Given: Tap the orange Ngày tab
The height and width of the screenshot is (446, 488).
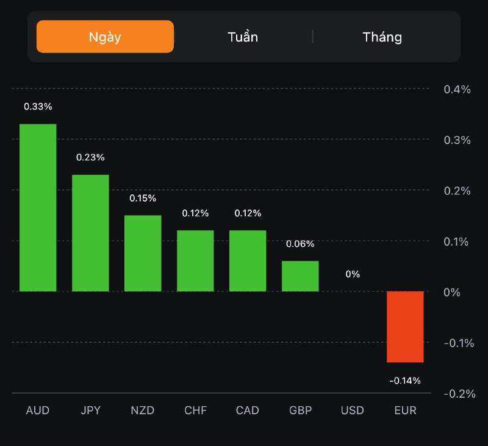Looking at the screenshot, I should coord(105,37).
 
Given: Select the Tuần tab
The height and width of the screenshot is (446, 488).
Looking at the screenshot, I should coord(243,37).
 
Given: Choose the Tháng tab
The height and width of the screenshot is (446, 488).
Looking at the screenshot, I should coord(382,37).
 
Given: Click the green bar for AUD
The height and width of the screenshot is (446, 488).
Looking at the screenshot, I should coord(38,208).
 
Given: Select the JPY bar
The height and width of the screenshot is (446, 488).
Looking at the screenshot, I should coord(90,233).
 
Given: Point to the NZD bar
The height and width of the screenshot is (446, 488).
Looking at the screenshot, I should coord(143,254).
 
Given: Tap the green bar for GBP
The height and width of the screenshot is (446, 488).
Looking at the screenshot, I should coord(300,276).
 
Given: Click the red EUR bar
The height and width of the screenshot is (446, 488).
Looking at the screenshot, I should coord(405,327).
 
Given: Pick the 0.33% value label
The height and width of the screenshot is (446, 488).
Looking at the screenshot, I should coord(38,106).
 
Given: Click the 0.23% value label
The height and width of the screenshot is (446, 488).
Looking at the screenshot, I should coord(90,157).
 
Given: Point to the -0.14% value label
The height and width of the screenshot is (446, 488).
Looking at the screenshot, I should coord(405,381).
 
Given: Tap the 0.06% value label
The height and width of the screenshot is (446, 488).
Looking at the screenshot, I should coord(300,244).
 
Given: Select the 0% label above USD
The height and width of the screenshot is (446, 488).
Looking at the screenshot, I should coord(353,274).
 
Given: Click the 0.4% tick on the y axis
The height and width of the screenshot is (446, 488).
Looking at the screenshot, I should coord(457,89).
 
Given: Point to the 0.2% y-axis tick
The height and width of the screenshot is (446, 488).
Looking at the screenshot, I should coord(457,191).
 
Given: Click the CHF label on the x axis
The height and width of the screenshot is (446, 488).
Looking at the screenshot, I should coord(195,411).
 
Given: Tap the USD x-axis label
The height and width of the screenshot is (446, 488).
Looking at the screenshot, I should coord(353,411).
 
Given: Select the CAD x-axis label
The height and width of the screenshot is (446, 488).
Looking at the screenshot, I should coord(248,411).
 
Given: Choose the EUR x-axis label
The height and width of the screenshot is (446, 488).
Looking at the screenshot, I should coord(405,411).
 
